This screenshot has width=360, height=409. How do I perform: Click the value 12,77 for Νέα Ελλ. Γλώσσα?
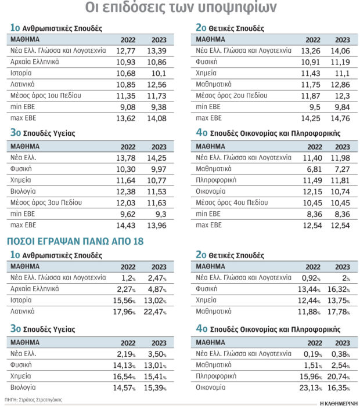125,51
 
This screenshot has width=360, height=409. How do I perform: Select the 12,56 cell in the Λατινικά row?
157,85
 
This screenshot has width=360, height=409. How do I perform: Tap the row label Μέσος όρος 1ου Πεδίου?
46,96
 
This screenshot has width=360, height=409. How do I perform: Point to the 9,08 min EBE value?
128,107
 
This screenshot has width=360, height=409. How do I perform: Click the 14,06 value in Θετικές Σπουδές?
340,51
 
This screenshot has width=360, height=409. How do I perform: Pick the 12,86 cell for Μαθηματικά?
340,85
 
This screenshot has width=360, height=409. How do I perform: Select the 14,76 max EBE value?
340,119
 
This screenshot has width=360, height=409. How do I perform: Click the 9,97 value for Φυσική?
159,169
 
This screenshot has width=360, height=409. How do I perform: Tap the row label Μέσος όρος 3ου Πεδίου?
46,202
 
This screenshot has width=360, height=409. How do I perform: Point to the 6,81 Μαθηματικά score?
314,169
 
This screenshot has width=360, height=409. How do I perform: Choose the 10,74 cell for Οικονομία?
340,191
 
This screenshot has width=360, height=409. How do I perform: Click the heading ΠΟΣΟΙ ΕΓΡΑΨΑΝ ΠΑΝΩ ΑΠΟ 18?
75,241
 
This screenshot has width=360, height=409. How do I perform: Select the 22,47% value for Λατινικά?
155,312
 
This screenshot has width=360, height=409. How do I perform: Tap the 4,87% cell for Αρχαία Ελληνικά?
157,289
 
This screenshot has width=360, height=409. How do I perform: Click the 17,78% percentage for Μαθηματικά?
339,312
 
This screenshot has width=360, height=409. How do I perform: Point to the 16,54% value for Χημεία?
124,377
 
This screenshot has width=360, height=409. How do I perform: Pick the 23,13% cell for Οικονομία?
311,388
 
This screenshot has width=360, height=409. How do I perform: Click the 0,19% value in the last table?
313,354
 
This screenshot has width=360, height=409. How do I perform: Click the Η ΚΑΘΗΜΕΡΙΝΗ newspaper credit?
339,404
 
